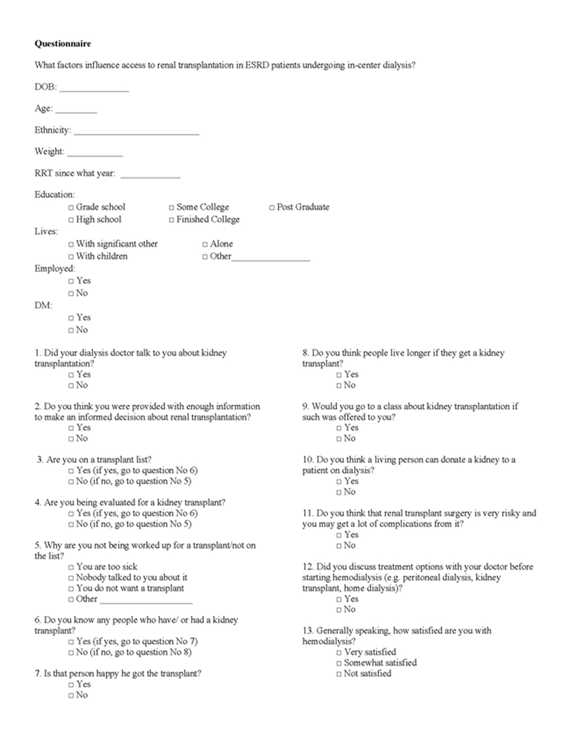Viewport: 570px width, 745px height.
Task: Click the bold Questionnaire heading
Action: pos(63,43)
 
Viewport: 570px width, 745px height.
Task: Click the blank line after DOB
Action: pos(94,89)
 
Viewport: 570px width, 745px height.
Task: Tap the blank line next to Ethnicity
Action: pos(136,132)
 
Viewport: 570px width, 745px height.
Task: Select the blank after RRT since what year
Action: pos(150,175)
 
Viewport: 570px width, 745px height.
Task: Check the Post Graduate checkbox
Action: pos(272,207)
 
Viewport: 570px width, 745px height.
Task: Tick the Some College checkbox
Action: pos(172,207)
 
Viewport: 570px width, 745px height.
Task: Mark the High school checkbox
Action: pos(71,220)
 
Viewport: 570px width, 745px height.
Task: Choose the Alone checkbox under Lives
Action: pos(205,244)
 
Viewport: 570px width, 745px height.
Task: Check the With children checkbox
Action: pos(71,257)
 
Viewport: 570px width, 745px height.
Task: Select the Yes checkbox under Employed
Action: pos(71,281)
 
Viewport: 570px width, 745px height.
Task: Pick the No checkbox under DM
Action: pos(71,330)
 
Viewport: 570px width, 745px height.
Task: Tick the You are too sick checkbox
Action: pos(71,567)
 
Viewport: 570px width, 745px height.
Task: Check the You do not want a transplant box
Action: pos(71,588)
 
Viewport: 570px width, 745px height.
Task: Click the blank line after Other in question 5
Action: pos(146,601)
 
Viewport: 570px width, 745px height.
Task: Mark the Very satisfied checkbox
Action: pos(339,652)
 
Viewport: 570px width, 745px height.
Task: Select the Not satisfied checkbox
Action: pos(339,674)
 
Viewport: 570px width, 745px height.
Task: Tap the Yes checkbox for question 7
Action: pos(71,685)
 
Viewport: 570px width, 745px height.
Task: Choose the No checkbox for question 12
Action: pos(339,610)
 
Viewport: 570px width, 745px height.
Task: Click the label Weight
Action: pos(49,152)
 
